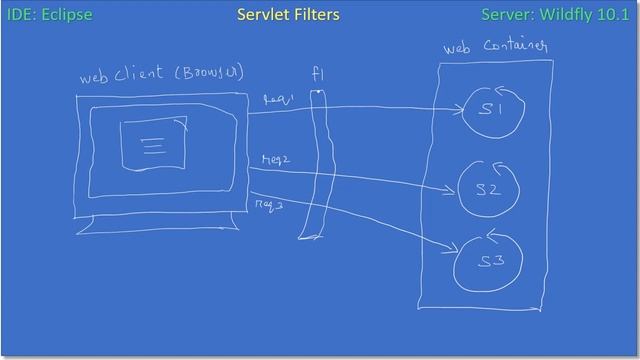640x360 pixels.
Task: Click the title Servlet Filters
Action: (288, 15)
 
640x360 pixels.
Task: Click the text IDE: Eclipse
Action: (49, 15)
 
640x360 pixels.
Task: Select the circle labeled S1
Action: (491, 111)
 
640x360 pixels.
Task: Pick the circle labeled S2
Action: (487, 188)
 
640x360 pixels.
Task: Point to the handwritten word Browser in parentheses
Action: (210, 74)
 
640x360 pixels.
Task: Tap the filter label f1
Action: (318, 75)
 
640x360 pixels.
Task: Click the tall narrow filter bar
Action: (315, 165)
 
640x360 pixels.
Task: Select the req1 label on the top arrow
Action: (275, 100)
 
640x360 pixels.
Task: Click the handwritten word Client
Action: (139, 75)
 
